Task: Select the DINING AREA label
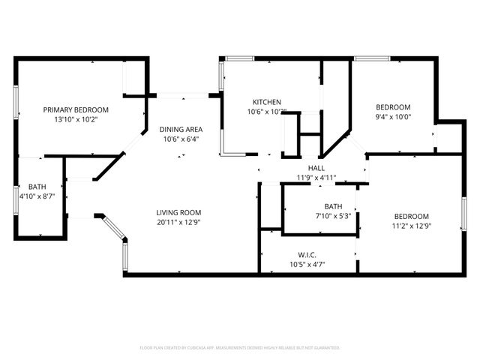pos(181,129)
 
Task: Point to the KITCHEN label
pos(267,102)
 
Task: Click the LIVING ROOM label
pos(179,212)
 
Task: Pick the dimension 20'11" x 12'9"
pos(179,222)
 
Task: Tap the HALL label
pos(316,168)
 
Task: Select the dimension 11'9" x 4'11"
pos(316,178)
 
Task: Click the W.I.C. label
pos(307,253)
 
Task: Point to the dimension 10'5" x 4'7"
pos(307,263)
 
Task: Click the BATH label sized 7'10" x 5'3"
pos(333,206)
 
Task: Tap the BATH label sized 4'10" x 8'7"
pos(37,187)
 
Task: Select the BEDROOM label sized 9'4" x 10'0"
pos(393,107)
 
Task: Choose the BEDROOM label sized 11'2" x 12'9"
pos(412,216)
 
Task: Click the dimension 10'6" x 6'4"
pos(181,139)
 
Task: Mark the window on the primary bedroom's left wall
pos(16,102)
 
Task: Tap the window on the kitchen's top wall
pos(239,58)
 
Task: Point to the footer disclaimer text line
pos(240,348)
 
